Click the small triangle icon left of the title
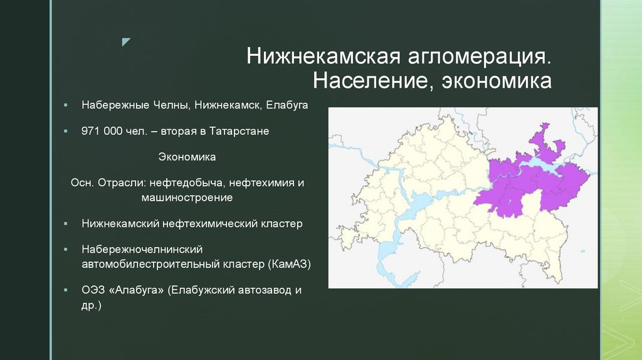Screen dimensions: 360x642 coord(126,42)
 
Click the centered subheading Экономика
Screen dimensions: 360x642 coord(187,157)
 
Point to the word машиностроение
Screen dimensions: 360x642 coord(187,198)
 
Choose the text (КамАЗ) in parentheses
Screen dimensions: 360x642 coord(290,264)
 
